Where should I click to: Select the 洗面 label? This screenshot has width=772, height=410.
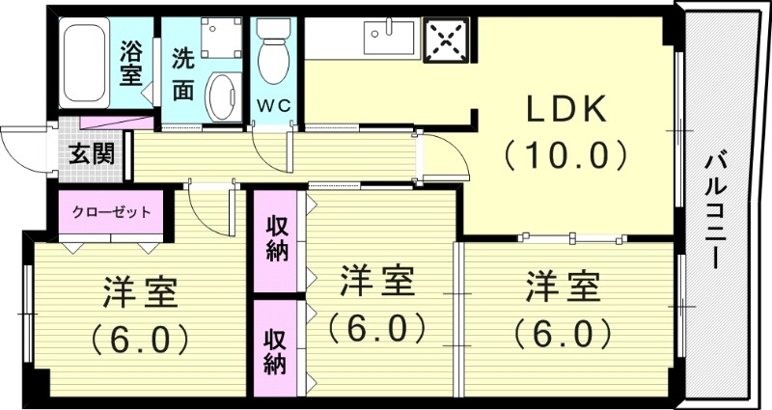pos(183,73)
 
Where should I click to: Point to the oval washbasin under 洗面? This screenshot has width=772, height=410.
pos(223,97)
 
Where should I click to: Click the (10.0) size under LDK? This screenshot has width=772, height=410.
pos(565,153)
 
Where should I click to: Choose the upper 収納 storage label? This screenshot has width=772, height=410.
pos(277,241)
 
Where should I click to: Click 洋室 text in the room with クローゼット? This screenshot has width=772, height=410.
pos(140,292)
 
